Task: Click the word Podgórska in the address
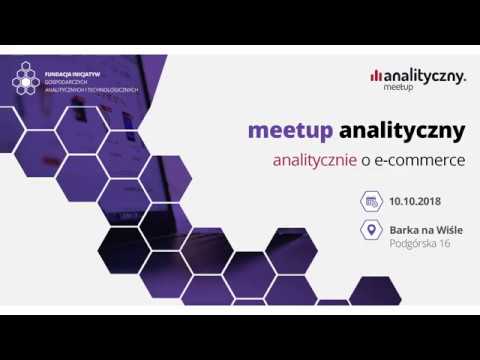[x=414, y=243]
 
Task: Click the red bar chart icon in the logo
[x=375, y=75]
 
